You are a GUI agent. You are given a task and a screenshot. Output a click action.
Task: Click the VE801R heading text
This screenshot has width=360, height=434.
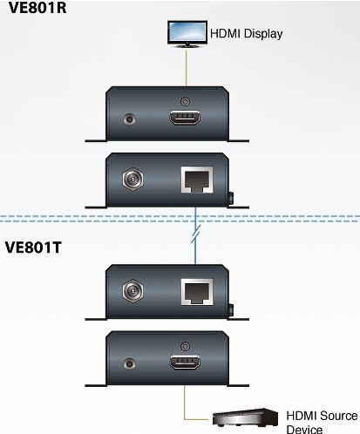pyautogui.click(x=37, y=8)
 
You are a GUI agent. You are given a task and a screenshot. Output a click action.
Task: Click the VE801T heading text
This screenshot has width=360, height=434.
pyautogui.click(x=33, y=248)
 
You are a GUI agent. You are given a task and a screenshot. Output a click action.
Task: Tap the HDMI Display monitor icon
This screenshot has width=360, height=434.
pyautogui.click(x=187, y=34)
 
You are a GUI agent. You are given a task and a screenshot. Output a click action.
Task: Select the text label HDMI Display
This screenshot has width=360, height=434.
pyautogui.click(x=246, y=34)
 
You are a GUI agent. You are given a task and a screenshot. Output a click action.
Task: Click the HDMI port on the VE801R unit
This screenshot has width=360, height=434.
pyautogui.click(x=185, y=118)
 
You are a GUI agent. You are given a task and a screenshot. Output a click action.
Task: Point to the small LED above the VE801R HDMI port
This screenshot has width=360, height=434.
pyautogui.click(x=185, y=102)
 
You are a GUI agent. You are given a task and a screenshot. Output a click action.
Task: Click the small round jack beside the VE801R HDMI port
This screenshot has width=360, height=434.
pyautogui.click(x=129, y=119)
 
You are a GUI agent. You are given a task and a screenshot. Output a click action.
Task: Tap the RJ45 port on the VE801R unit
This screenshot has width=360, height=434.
pyautogui.click(x=197, y=180)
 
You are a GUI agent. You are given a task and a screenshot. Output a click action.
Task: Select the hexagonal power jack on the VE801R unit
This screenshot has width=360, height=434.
pyautogui.click(x=132, y=180)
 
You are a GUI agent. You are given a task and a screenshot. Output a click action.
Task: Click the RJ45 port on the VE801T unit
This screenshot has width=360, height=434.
pyautogui.click(x=197, y=292)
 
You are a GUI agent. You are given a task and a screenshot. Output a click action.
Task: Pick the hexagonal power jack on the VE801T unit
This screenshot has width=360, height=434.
pyautogui.click(x=132, y=291)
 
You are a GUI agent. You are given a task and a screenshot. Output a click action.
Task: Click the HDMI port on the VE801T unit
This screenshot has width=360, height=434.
pyautogui.click(x=185, y=363)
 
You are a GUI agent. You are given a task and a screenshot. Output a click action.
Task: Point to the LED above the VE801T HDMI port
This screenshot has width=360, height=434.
pyautogui.click(x=185, y=346)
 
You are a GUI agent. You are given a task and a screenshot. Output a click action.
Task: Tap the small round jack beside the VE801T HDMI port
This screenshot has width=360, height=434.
pyautogui.click(x=129, y=364)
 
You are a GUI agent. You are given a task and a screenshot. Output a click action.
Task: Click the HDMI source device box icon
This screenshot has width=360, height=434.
pyautogui.click(x=245, y=417)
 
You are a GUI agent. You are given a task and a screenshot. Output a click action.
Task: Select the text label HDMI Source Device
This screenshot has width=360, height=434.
pyautogui.click(x=322, y=422)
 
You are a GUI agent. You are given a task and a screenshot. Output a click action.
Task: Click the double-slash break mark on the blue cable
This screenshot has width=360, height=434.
pyautogui.click(x=196, y=234)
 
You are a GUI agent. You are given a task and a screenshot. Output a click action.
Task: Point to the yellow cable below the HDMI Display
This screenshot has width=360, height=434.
pyautogui.click(x=186, y=68)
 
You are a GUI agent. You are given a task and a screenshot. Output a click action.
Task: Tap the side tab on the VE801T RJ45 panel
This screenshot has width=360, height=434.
pyautogui.click(x=231, y=310)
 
